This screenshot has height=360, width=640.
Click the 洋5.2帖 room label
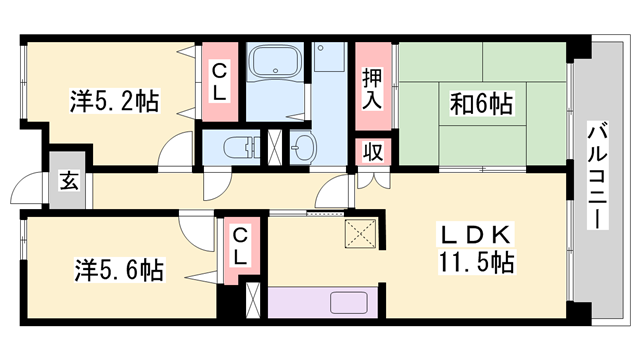114,100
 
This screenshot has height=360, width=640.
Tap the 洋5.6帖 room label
117,269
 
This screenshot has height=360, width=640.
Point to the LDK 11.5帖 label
477,250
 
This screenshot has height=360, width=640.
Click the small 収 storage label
372,152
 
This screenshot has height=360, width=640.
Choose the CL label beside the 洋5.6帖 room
239,246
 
